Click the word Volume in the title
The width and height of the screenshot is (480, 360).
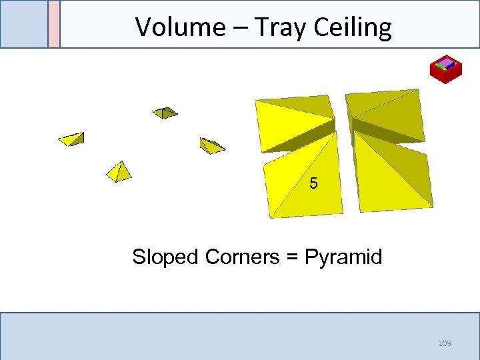pos(171,27)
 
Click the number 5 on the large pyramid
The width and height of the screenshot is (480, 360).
pos(314,183)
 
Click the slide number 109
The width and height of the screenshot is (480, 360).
pos(445,343)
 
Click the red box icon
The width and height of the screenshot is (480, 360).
pos(446,70)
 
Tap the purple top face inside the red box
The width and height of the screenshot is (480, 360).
pos(446,64)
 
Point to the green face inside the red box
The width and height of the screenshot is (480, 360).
pos(439,65)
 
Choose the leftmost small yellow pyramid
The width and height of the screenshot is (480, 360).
pos(71,139)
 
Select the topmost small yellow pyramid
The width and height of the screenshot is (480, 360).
pos(165,112)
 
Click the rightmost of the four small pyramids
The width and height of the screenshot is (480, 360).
pos(212,145)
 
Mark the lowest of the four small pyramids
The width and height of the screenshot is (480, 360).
pos(119,172)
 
